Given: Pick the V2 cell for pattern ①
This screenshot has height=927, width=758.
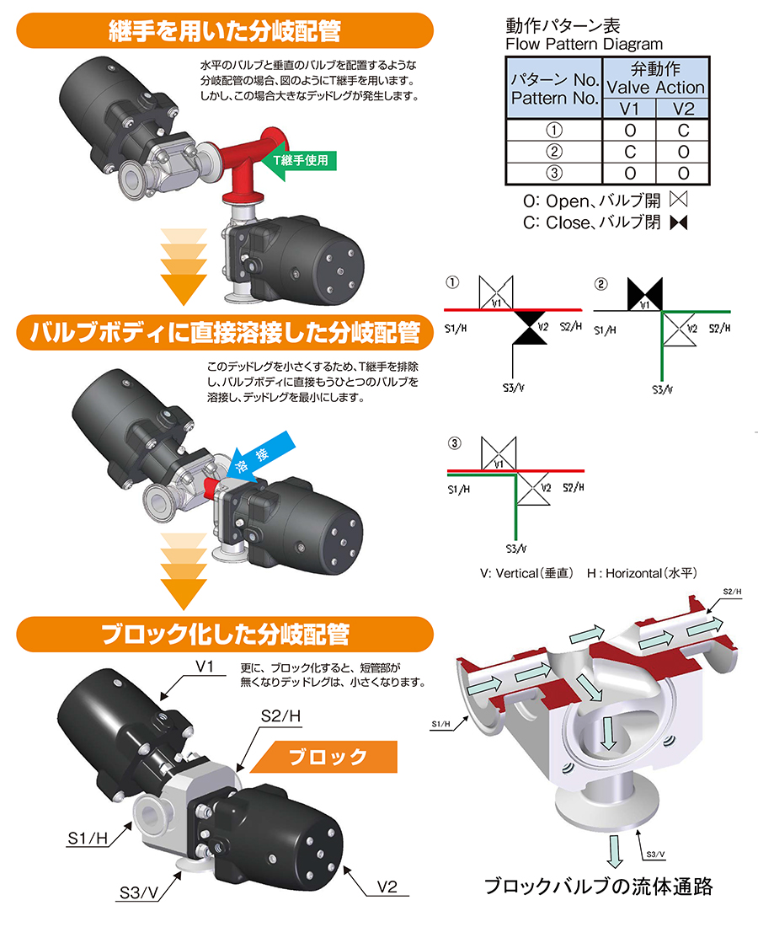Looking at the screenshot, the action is [x=683, y=130].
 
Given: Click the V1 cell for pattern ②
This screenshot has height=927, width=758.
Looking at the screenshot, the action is [x=629, y=152].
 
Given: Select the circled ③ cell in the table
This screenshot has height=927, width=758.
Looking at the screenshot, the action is [x=553, y=174].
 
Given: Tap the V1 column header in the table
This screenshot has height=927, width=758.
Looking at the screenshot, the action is [x=629, y=109].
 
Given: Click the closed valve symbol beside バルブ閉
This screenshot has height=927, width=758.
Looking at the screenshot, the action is [x=679, y=222].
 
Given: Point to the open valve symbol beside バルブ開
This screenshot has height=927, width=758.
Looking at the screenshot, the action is [x=679, y=200].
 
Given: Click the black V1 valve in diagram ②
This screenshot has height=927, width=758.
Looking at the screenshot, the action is [x=645, y=294].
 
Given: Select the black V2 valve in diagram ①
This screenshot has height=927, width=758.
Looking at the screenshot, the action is [x=530, y=327].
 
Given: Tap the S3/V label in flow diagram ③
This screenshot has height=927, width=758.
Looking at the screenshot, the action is [x=515, y=549].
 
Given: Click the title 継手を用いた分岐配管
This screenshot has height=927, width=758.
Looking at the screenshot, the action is [x=225, y=30].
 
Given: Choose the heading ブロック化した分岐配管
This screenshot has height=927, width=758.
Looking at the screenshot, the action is [x=225, y=635].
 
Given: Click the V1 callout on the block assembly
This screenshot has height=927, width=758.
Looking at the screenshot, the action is [x=205, y=667].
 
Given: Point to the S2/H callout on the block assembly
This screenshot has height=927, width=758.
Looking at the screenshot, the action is [x=280, y=716].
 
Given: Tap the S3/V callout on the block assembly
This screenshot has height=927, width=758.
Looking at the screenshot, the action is [x=139, y=892].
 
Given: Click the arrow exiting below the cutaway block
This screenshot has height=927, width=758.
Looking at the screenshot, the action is [x=615, y=851].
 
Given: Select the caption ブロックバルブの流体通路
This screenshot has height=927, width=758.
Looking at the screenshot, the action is [x=599, y=887].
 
